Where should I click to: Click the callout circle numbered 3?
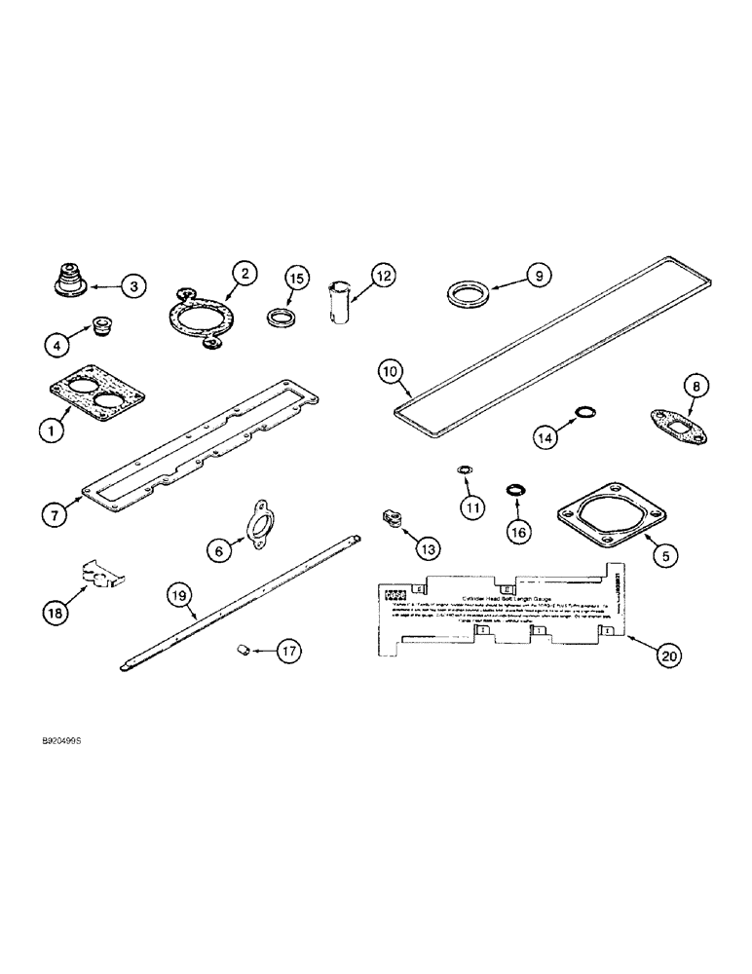click(x=133, y=285)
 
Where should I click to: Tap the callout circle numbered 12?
click(x=383, y=278)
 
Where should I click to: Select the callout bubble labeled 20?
click(x=667, y=656)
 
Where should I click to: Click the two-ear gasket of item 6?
click(x=263, y=518)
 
